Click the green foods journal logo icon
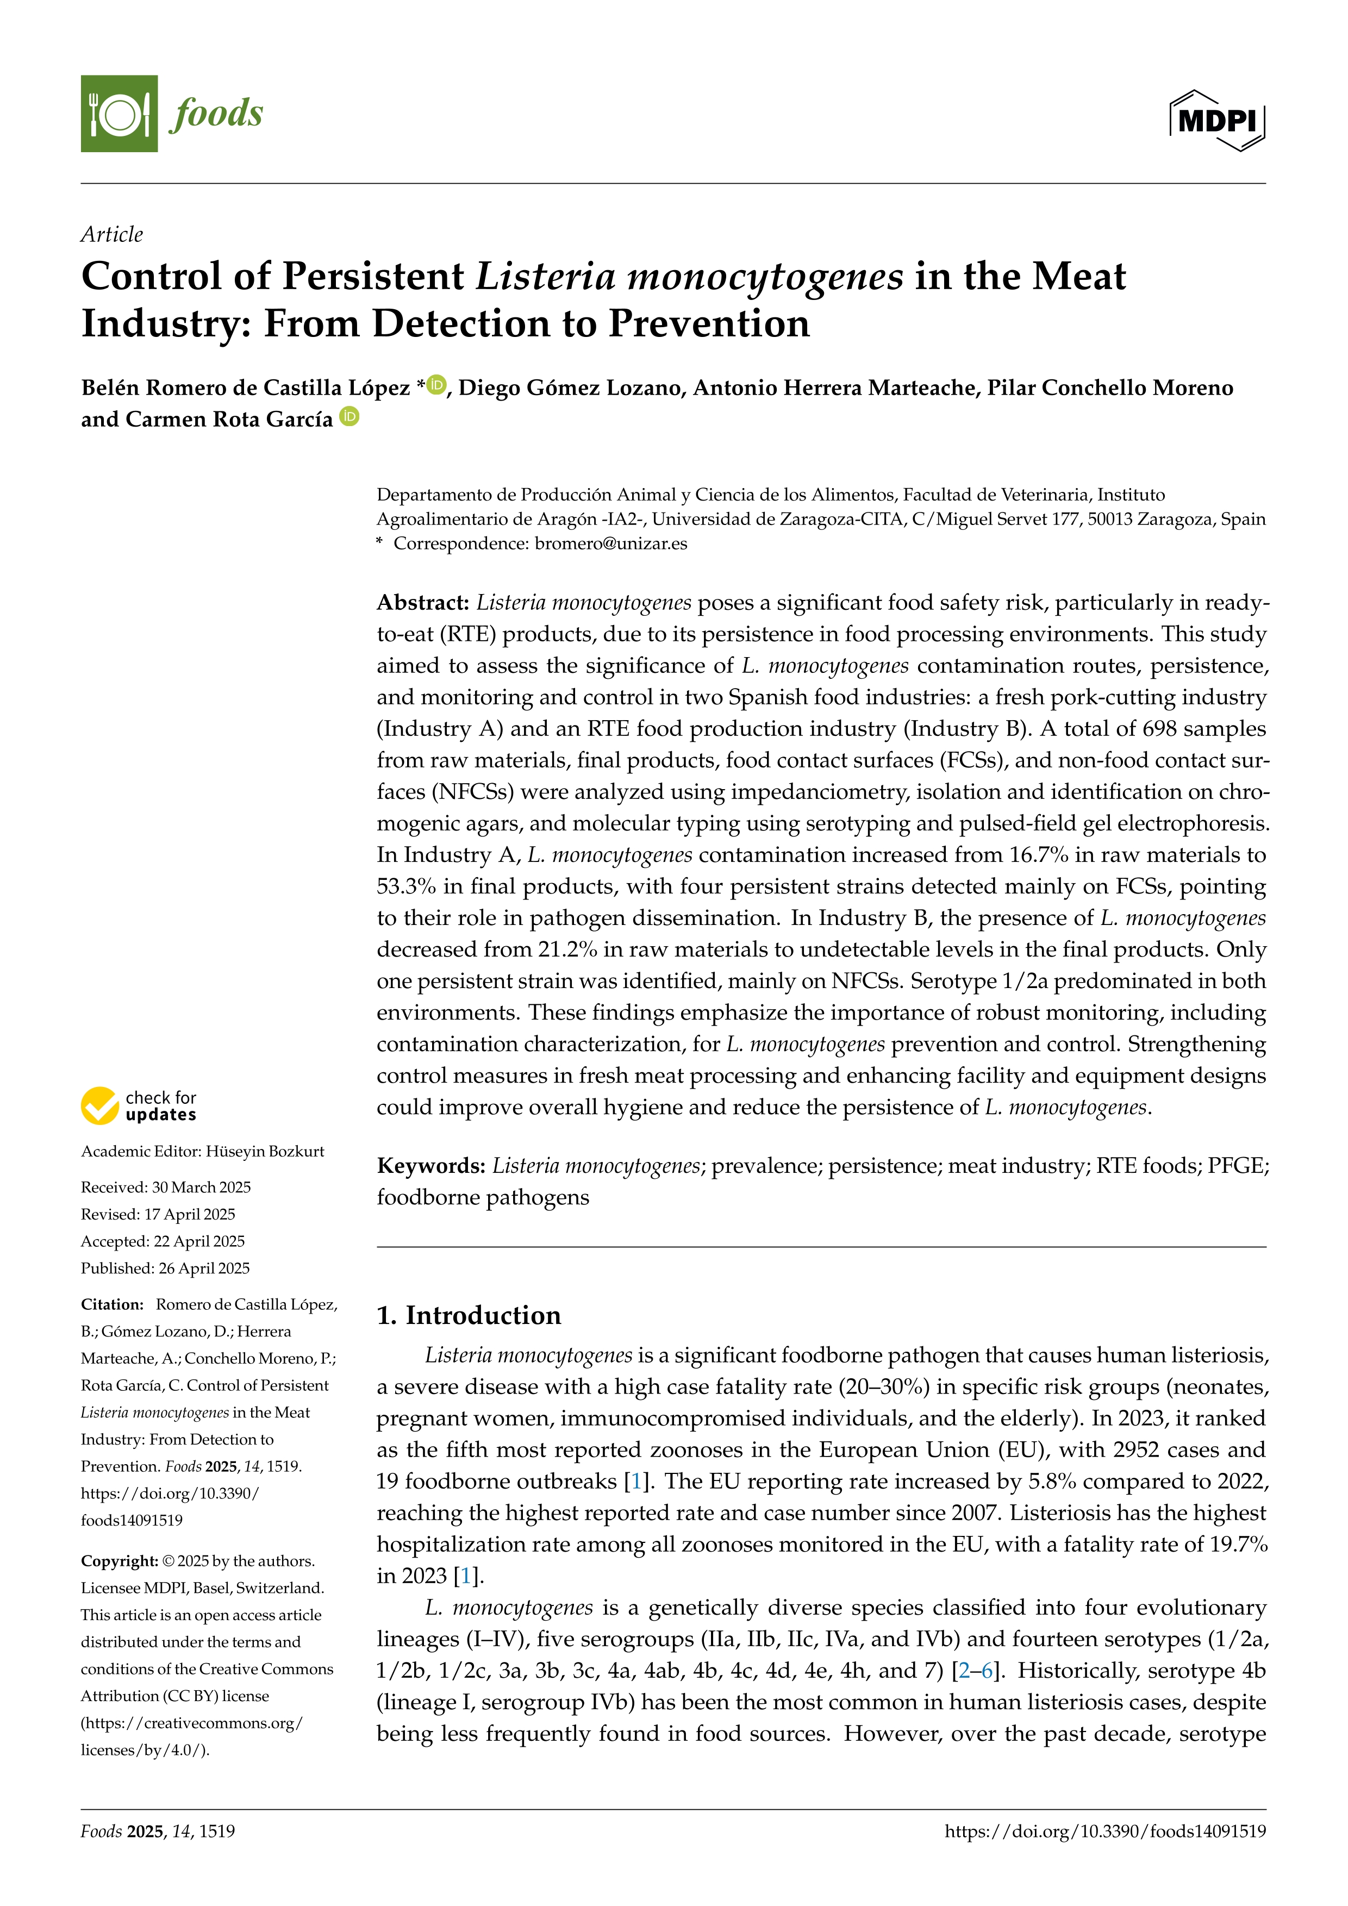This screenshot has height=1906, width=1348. [x=118, y=114]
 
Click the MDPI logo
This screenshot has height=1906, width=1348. [x=1217, y=120]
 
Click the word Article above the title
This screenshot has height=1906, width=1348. [x=112, y=235]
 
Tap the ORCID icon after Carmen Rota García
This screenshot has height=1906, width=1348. [x=350, y=417]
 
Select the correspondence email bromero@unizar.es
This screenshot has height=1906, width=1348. [x=611, y=543]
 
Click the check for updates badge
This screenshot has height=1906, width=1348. [x=139, y=1106]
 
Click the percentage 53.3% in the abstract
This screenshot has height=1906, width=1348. [x=406, y=886]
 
